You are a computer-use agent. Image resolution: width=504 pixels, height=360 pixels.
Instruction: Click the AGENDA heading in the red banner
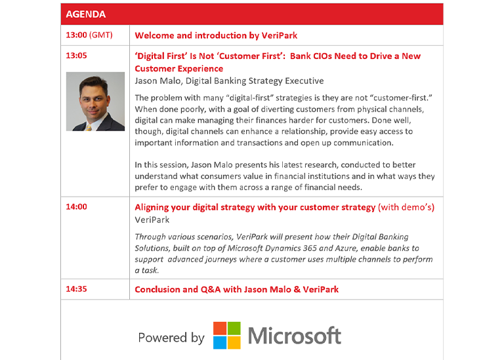pos(85,14)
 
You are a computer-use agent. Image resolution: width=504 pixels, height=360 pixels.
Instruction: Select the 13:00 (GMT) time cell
pos(89,35)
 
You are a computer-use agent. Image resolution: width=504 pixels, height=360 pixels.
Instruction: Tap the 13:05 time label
pos(77,56)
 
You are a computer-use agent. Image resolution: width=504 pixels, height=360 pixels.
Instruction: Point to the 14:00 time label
pos(77,207)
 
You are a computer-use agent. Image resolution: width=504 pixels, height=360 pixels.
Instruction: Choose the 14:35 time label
pos(77,289)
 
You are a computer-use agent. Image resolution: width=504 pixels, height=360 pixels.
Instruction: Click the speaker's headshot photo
pos(95,102)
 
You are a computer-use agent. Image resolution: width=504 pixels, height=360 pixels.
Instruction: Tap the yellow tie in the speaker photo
pos(89,128)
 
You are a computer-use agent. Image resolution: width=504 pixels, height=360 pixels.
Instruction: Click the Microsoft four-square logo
pos(227,335)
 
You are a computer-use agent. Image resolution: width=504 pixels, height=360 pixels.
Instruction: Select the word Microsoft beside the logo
pos(295,336)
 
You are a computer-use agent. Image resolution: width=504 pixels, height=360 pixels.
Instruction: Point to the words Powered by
pos(171,338)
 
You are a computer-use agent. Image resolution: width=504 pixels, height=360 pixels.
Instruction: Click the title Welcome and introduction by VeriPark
pos(216,35)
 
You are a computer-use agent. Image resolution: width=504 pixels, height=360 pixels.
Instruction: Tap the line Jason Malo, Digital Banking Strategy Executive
pos(229,81)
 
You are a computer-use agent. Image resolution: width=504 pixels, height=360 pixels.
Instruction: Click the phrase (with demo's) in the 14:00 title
pos(406,207)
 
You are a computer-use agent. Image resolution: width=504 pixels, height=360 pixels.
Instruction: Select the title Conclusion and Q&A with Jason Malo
pos(213,289)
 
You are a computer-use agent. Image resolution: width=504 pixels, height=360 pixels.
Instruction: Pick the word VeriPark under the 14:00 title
pos(152,220)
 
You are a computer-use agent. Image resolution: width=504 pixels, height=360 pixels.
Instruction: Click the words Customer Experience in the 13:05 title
pos(178,69)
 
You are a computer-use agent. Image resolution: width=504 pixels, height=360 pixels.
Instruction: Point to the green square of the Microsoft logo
pos(234,329)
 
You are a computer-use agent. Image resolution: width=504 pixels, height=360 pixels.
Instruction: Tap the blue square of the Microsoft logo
pos(220,343)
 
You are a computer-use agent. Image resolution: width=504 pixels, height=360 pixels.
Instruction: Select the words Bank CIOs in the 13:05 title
pos(311,56)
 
